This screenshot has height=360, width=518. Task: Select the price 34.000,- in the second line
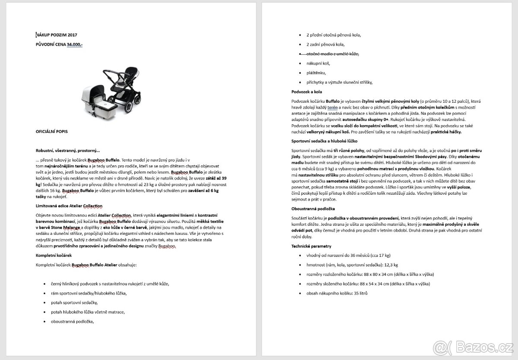(x=75, y=44)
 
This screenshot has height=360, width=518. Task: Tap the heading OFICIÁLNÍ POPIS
(x=51, y=131)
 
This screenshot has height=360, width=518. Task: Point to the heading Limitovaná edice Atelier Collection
(x=69, y=206)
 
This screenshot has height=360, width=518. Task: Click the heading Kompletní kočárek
(x=54, y=255)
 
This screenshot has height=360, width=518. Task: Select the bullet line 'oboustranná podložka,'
(x=72, y=321)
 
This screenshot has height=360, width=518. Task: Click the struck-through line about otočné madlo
(x=332, y=54)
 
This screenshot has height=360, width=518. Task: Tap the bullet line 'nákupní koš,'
(x=318, y=63)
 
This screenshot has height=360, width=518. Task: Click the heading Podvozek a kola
(x=306, y=92)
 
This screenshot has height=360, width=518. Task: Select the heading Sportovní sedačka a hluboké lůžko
(x=325, y=141)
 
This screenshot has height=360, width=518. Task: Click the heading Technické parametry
(x=311, y=246)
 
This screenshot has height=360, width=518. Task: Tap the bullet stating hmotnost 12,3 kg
(x=352, y=265)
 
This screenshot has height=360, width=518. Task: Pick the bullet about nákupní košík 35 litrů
(x=337, y=293)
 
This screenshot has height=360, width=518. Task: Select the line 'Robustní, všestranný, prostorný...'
(x=67, y=150)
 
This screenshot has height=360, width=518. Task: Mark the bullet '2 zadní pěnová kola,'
(x=325, y=44)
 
